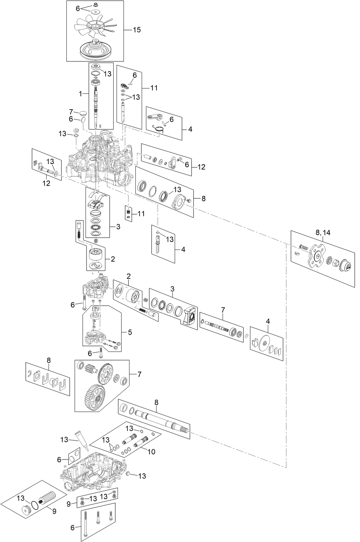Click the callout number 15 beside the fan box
pos(137,30)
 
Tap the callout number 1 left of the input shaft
pos(80,94)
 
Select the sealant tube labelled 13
pos(81,441)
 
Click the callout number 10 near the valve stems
pos(151,452)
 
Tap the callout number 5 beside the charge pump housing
pos(130,332)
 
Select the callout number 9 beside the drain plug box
pos(69,504)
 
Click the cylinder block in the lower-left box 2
pos(96,254)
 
